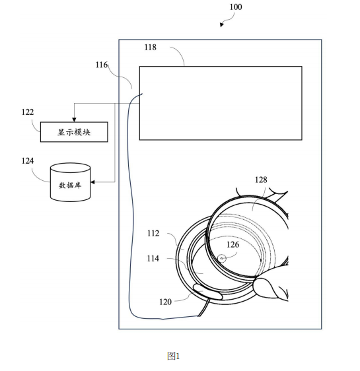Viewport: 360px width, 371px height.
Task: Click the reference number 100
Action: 236,7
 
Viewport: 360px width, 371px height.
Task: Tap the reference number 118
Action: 151,48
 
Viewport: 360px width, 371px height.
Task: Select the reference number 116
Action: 102,65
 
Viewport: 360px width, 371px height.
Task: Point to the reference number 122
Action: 28,112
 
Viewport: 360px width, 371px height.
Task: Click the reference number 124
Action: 28,161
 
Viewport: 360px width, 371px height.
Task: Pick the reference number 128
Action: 261,180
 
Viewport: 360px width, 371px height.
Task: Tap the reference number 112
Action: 153,234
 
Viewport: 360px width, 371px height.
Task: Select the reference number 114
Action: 153,258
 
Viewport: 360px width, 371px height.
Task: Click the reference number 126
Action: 233,245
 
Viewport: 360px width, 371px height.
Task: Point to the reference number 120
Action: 165,302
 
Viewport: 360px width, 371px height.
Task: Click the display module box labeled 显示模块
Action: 74,132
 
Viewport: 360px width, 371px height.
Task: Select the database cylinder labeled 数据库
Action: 70,182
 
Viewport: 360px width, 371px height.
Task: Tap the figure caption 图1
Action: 174,356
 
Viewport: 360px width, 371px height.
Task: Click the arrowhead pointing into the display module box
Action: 74,119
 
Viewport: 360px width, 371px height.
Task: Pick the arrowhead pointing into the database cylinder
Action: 92,182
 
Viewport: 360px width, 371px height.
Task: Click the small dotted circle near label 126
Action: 222,258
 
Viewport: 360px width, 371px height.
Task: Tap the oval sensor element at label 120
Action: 208,292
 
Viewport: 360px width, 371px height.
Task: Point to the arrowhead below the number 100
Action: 221,24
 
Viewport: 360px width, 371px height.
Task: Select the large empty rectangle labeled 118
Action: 221,103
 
